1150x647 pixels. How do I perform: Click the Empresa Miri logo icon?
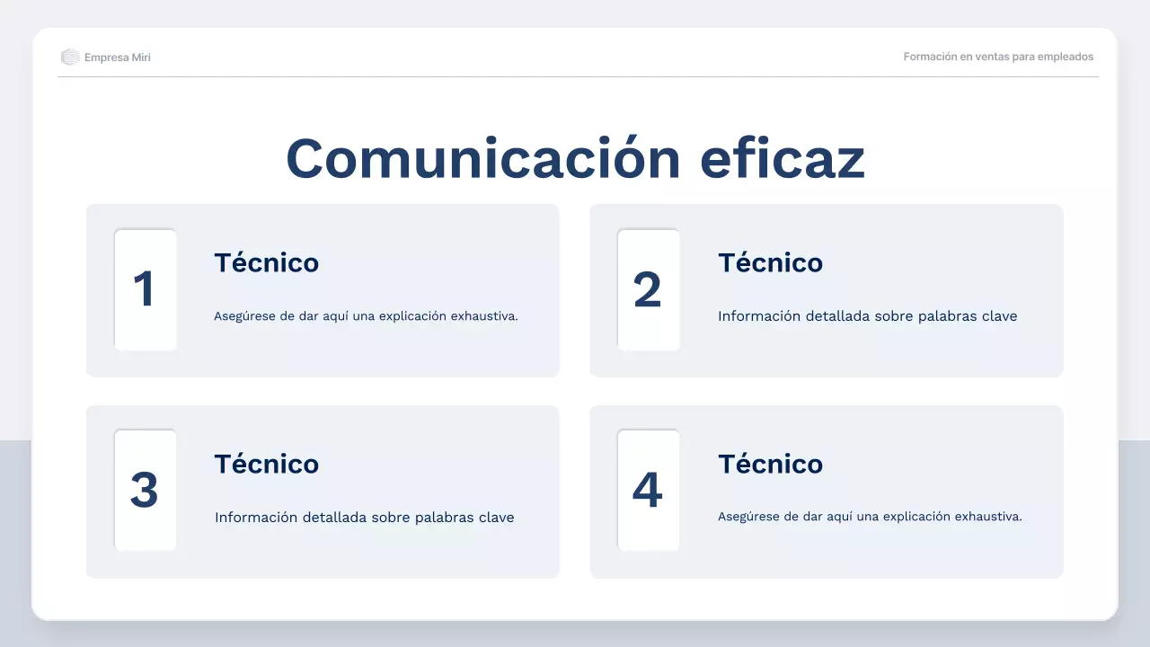(70, 58)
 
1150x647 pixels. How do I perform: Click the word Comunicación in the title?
(483, 159)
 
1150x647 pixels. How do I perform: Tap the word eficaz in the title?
(782, 159)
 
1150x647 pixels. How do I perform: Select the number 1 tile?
(145, 289)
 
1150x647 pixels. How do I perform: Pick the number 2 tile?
(648, 289)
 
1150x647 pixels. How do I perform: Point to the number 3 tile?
(145, 490)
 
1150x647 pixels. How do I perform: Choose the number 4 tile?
(648, 490)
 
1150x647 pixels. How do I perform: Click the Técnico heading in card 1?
(266, 262)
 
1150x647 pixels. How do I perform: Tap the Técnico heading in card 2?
(770, 262)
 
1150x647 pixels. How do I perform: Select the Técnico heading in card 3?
(266, 464)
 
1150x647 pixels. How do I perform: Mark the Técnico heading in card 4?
(770, 464)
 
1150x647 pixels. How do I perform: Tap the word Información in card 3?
(256, 518)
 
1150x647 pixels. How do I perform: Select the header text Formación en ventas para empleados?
(998, 57)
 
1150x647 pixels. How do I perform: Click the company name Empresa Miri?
(118, 58)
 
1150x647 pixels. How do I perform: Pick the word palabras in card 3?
(446, 518)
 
